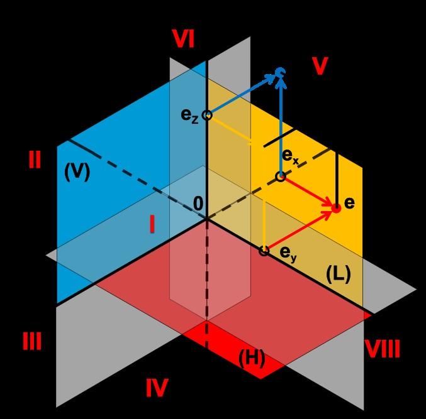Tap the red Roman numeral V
320,66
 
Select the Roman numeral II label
35,160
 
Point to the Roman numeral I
152,224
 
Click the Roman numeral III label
31,342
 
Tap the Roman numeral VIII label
383,349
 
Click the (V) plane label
77,172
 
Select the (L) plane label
337,274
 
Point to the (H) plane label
251,359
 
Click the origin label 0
198,203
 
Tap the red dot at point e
336,208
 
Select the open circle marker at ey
264,251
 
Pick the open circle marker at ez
206,115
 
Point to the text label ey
288,254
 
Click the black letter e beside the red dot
350,203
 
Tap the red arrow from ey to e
300,229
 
